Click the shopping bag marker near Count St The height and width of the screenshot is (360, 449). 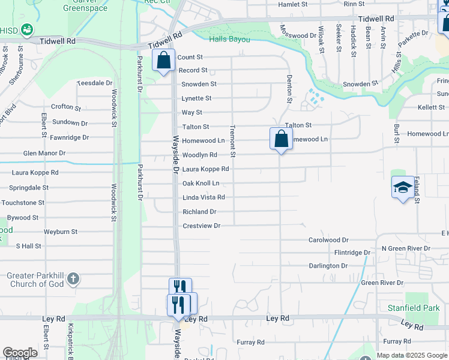pyautogui.click(x=163, y=60)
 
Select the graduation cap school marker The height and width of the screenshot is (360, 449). pyautogui.click(x=403, y=187)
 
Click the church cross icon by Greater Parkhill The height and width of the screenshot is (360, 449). pyautogui.click(x=73, y=278)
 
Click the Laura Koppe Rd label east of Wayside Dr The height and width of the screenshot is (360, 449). pyautogui.click(x=205, y=169)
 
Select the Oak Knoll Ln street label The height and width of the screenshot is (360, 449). pyautogui.click(x=200, y=183)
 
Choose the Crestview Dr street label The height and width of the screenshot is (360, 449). pyautogui.click(x=202, y=226)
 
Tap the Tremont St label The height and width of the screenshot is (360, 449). pyautogui.click(x=232, y=142)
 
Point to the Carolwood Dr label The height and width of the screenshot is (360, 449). pyautogui.click(x=328, y=239)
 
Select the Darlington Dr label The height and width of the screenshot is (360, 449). pyautogui.click(x=328, y=266)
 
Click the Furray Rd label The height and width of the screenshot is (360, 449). pyautogui.click(x=250, y=343)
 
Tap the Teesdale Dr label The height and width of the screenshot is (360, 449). pyautogui.click(x=94, y=83)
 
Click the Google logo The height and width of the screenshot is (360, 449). pyautogui.click(x=20, y=353)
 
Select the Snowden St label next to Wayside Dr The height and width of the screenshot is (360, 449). pyautogui.click(x=199, y=84)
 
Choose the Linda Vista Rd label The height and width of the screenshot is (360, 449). pyautogui.click(x=203, y=197)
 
